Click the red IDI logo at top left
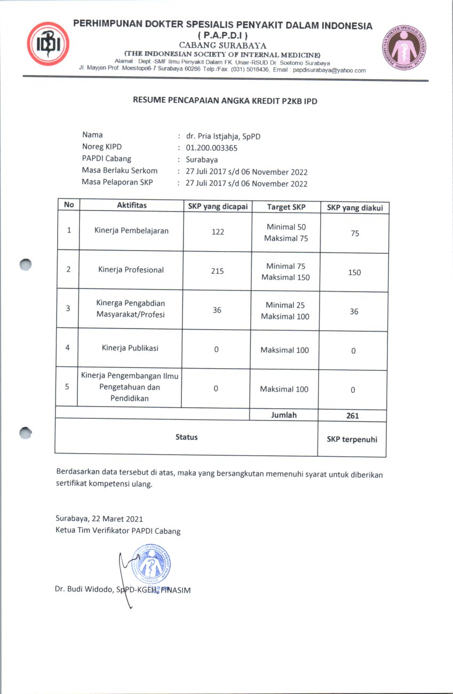pos(49,44)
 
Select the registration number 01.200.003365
pos(211,148)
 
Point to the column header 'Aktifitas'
pos(132,206)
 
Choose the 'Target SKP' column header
pos(287,207)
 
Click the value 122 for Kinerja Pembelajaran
pos(218,232)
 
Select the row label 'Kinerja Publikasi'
pos(130,348)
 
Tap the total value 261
pos(352,416)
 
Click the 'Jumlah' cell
pos(284,415)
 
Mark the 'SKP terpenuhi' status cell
pos(352,439)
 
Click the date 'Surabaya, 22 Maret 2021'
pos(99,519)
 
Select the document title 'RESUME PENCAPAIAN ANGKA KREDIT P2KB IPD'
pos(225,100)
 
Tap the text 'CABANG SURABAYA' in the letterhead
pos(223,45)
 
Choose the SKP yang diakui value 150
pos(354,272)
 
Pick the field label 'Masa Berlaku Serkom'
pos(120,171)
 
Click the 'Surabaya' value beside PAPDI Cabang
pos(202,159)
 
